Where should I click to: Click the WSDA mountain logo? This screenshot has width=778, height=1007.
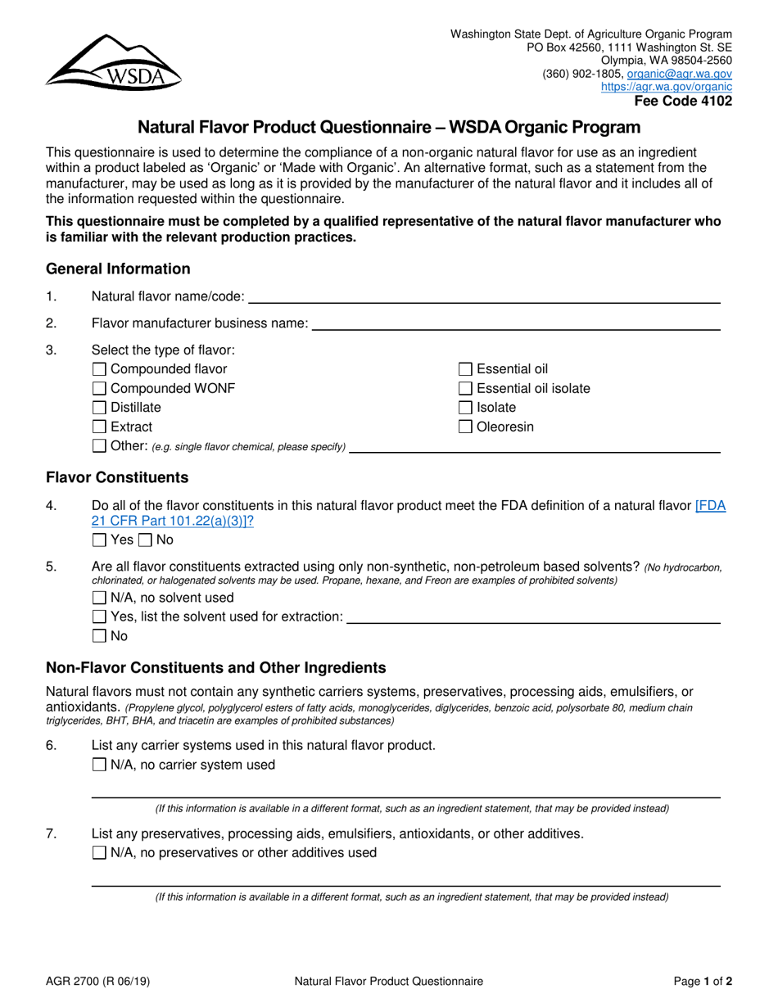coord(113,61)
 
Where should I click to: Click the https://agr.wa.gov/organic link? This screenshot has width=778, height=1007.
coord(667,87)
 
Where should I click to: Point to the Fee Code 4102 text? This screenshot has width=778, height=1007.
coord(684,102)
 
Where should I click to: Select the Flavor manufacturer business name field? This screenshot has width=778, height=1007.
coord(516,324)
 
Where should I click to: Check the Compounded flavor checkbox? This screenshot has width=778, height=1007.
coord(100,369)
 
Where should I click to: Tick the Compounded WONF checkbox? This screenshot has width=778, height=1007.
coord(100,388)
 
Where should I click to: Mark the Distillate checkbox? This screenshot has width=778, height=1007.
coord(100,408)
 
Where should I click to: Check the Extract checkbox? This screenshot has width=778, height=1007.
coord(100,427)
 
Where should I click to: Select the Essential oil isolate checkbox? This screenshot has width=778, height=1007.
coord(466,388)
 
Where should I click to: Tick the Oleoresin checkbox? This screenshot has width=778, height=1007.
coord(466,427)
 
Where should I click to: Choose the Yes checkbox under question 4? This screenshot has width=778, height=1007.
coord(100,540)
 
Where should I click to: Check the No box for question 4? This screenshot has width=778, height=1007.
coord(146,540)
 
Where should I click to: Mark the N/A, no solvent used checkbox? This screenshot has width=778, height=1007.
coord(100,598)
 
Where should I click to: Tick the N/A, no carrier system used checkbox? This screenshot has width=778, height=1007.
coord(100,765)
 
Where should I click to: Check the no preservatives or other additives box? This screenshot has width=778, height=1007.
coord(100,853)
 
